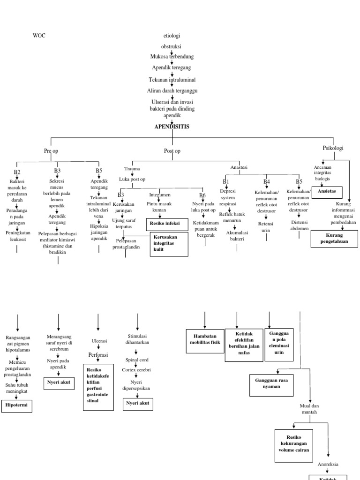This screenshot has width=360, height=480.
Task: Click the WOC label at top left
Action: [x=39, y=36]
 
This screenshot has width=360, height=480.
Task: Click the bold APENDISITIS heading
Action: [x=172, y=127]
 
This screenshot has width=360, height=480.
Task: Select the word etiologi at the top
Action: [x=172, y=36]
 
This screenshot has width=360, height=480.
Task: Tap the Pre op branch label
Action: [x=51, y=151]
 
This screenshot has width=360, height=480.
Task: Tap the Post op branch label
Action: [x=172, y=151]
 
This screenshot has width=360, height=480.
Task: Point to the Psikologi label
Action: [x=333, y=148]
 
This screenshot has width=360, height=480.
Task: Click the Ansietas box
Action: [x=327, y=192]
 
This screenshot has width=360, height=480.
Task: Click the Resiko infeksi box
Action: [x=166, y=225]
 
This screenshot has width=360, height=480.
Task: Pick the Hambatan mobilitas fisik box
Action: [x=205, y=340]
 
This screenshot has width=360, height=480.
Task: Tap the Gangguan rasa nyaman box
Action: [x=271, y=383]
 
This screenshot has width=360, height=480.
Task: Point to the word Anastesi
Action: [x=239, y=167]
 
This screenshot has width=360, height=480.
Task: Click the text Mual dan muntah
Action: [x=309, y=408]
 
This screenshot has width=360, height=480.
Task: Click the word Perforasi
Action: [x=98, y=355]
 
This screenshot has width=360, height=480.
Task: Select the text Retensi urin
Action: [x=266, y=227]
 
